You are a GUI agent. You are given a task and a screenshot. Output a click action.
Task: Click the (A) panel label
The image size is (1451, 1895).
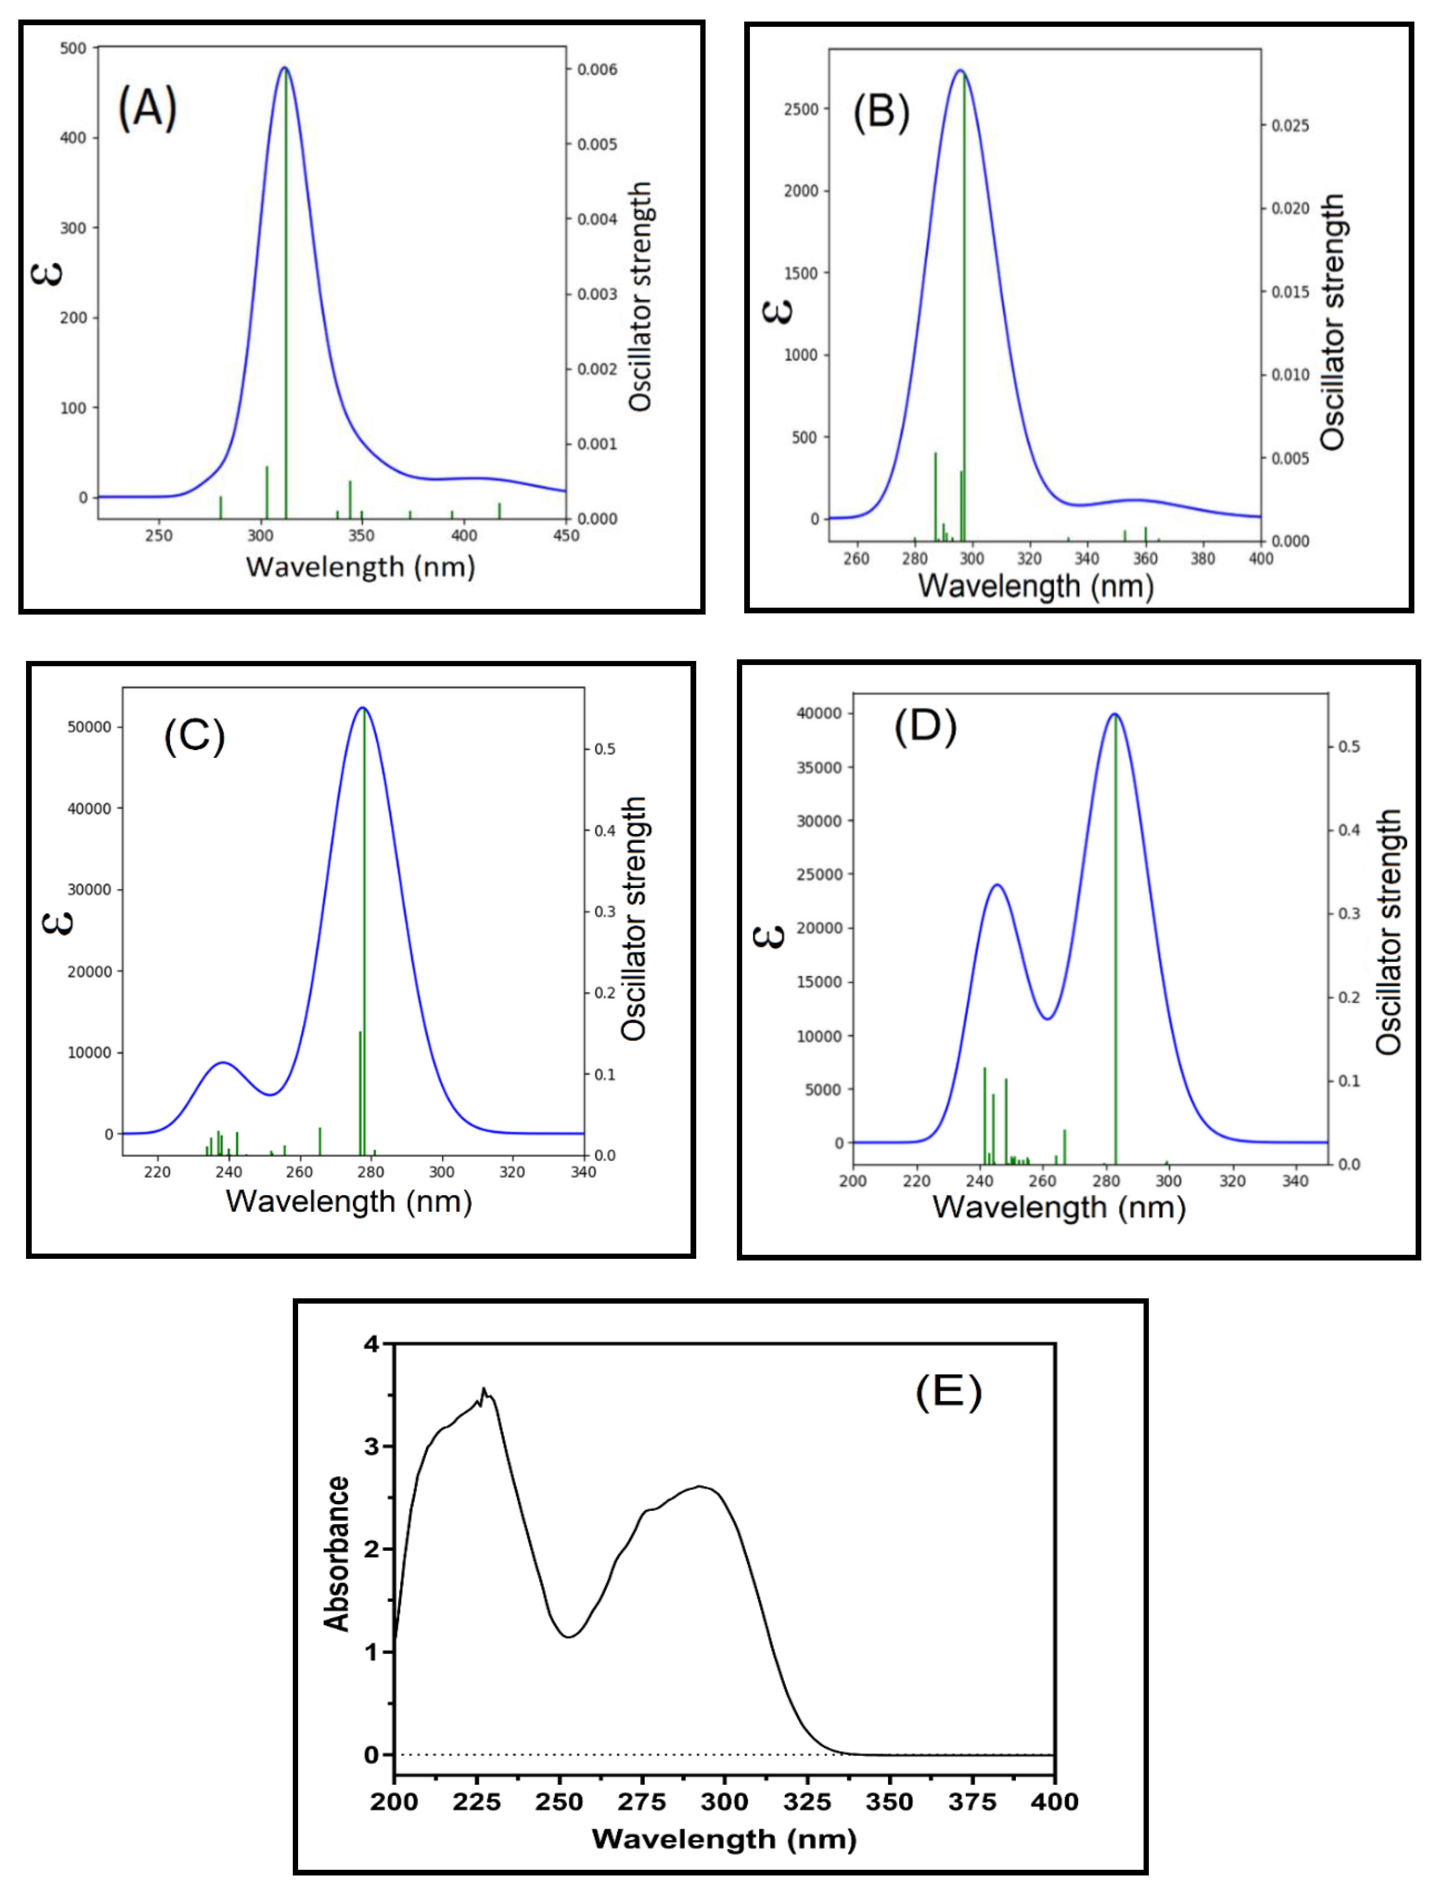[147, 109]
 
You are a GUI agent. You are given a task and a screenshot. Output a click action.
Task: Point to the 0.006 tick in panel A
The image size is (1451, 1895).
[598, 70]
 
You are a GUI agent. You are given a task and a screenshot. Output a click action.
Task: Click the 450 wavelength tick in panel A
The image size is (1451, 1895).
[566, 536]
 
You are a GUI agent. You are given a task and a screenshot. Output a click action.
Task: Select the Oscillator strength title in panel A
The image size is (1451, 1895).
[640, 296]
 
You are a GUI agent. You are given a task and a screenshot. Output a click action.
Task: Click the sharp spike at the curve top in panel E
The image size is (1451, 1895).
[484, 1389]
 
